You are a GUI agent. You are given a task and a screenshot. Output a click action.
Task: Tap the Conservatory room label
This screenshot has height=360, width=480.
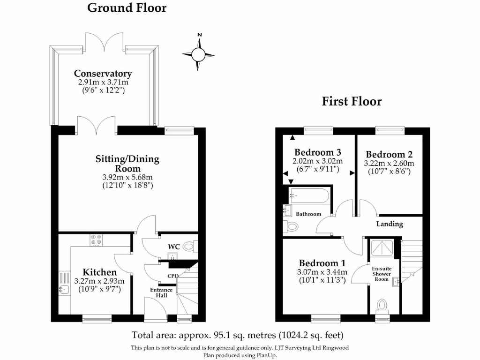point(103,74)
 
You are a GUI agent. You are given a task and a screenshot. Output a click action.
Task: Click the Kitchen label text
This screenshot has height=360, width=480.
point(99,272)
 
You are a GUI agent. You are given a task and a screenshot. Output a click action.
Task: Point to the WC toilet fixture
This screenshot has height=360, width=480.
point(189,246)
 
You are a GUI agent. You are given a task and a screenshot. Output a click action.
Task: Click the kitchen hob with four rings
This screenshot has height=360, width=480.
point(97,240)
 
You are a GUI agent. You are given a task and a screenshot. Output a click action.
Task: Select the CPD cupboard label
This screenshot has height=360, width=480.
point(173,276)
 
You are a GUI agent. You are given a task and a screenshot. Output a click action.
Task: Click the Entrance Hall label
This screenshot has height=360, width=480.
point(161,293)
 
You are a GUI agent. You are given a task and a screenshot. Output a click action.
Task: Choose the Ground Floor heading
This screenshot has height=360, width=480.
point(127,8)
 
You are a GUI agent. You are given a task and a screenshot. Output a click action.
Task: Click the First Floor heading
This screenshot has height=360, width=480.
point(352,101)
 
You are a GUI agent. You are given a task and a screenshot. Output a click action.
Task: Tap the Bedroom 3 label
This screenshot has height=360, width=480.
point(317,152)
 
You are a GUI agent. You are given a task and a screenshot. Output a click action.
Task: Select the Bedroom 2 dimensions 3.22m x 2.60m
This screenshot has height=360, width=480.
point(389,164)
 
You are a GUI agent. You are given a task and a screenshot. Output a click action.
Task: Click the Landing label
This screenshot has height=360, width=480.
point(390,224)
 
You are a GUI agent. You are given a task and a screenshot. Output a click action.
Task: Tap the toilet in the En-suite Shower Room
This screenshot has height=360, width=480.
point(382,306)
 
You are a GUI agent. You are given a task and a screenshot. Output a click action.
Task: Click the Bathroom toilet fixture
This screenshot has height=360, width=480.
point(292,227)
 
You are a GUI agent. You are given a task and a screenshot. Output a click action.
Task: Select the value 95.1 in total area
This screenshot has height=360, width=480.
point(206,335)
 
